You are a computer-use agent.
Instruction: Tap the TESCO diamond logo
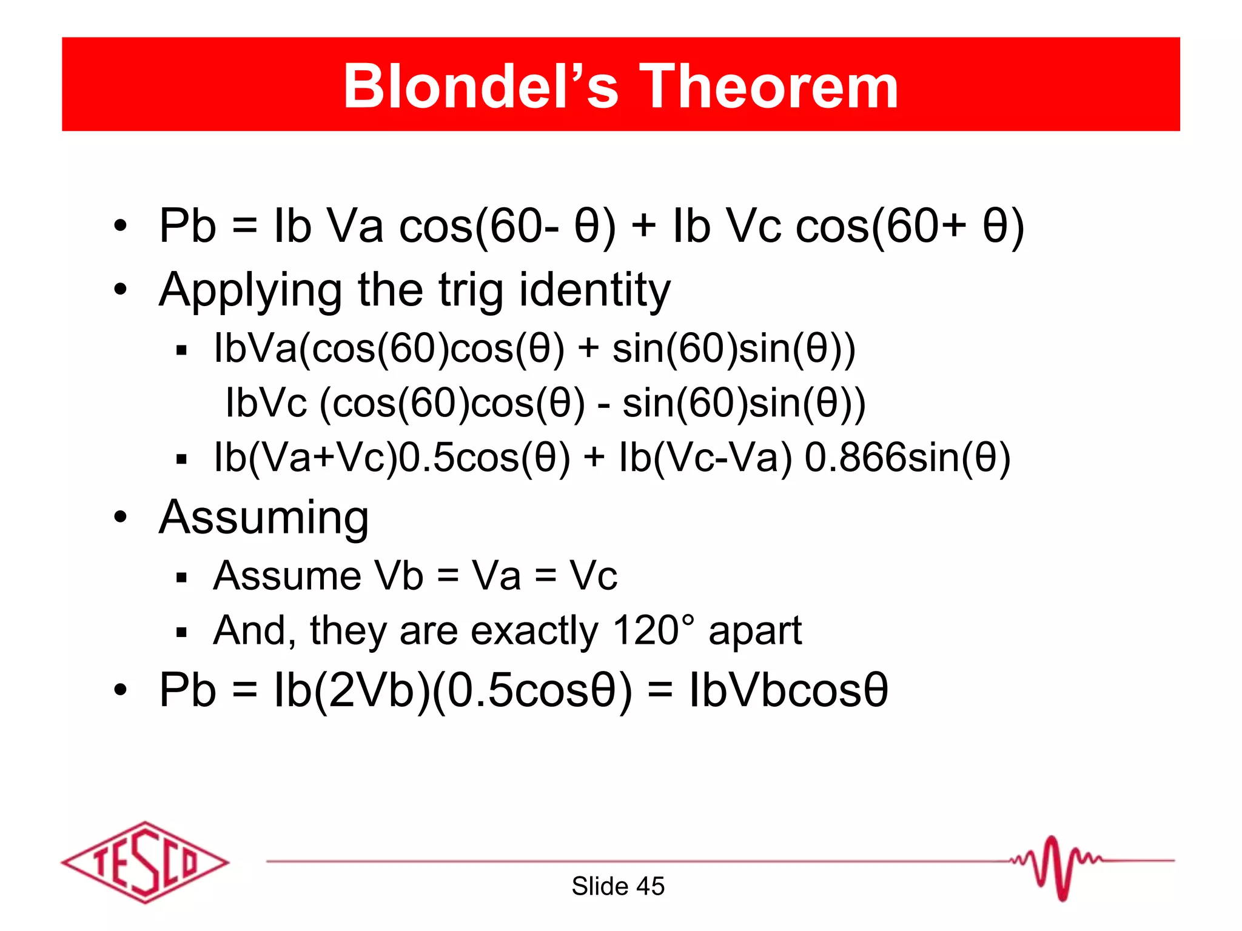(x=145, y=862)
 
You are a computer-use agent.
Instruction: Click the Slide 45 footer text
(x=618, y=886)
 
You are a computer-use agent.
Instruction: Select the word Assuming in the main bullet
(x=264, y=518)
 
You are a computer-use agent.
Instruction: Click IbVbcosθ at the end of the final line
(x=788, y=690)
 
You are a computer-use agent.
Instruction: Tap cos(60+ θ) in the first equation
(x=910, y=226)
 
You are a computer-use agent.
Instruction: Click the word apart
(x=755, y=631)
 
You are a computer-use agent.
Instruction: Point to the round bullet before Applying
(x=121, y=289)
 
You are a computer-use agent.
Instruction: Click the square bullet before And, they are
(x=181, y=633)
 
